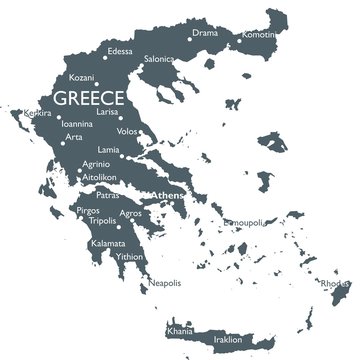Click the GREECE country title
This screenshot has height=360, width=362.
(x=89, y=98)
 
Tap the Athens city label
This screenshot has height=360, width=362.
(x=165, y=195)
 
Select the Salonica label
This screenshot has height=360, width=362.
(x=159, y=59)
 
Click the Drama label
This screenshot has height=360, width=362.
(x=204, y=33)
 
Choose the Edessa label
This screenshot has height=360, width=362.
(x=120, y=51)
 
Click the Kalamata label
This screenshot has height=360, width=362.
(x=109, y=243)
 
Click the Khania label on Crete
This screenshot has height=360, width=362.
(x=182, y=329)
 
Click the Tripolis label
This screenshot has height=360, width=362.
(x=100, y=223)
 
